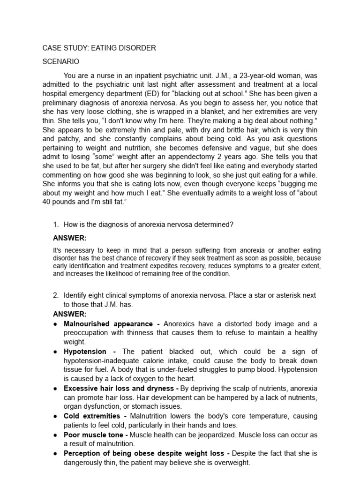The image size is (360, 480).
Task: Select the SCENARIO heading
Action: click(x=61, y=62)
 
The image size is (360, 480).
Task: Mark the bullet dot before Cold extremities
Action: click(x=55, y=416)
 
